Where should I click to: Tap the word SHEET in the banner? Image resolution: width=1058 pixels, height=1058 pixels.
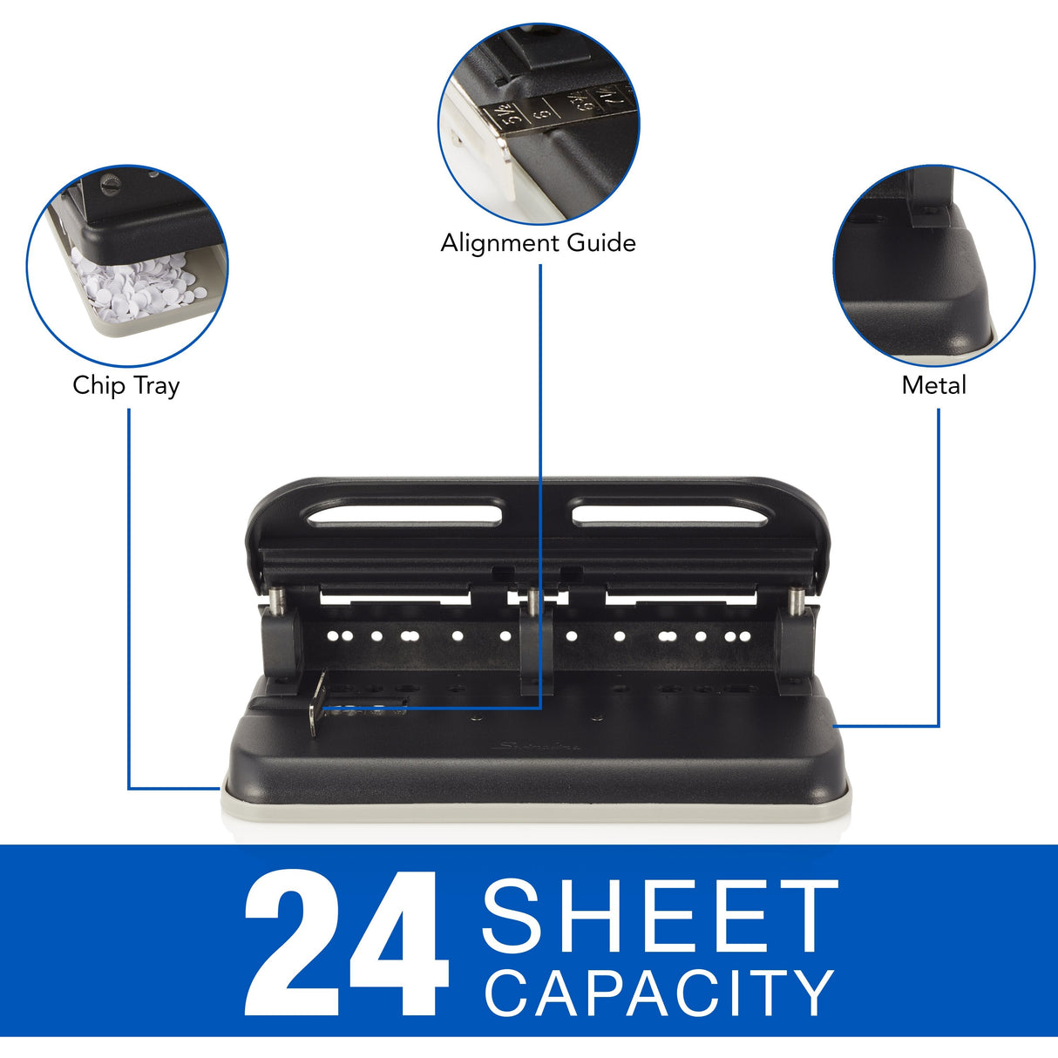[x=659, y=916]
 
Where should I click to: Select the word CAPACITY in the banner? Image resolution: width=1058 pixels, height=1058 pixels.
[x=659, y=994]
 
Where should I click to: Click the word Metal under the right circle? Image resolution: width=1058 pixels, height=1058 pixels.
[x=933, y=385]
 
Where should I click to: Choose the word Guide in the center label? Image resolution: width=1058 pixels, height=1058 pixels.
[x=601, y=243]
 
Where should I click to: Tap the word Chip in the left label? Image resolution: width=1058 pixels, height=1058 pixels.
[x=98, y=385]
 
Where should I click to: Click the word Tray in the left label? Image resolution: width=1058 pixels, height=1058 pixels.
[x=156, y=386]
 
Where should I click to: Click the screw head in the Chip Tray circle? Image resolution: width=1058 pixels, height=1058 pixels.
[x=110, y=184]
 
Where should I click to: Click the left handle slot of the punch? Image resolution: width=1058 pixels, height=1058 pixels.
[x=405, y=512]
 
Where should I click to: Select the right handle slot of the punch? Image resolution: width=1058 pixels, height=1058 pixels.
[x=670, y=512]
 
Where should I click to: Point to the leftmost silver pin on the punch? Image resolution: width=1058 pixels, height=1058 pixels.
[x=276, y=600]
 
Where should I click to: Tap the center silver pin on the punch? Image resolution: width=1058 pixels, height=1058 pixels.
[x=531, y=600]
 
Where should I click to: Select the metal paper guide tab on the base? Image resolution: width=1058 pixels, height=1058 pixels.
[x=318, y=704]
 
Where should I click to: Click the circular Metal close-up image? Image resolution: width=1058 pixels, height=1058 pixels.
[x=933, y=265]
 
